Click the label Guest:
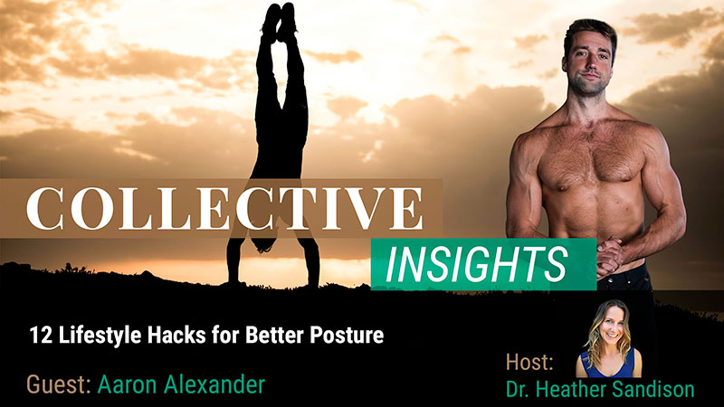pos(57,384)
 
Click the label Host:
pos(530,363)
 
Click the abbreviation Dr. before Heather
pos(519,390)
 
